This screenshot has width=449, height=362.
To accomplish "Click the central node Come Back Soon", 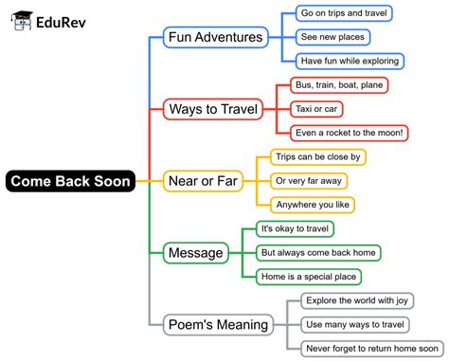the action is pos(70,180).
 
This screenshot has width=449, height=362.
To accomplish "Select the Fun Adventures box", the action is pos(215,38).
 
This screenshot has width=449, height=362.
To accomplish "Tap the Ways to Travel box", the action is pos(213,109).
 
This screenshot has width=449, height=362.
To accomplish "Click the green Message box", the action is pos(194,252).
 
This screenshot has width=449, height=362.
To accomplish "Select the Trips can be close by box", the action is pos(318,156).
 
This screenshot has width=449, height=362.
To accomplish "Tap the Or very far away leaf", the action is pos(309,180).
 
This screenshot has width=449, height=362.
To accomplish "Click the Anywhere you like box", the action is pos(312,204).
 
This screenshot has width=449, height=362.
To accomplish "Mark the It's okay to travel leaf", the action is pos(296,228).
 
